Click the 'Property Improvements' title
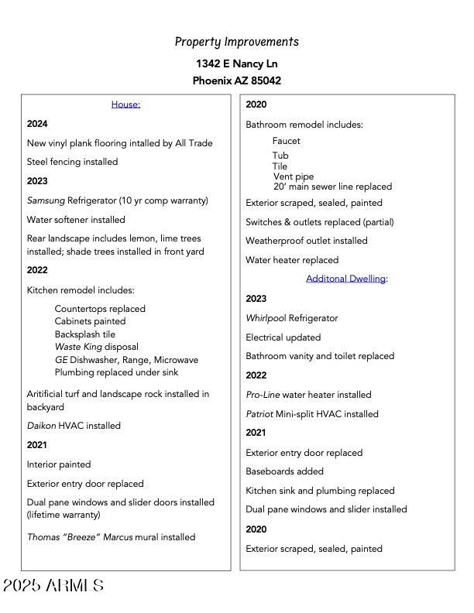[236, 42]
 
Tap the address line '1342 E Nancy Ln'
[236, 63]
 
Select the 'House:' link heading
[125, 104]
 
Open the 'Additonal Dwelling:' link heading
[346, 279]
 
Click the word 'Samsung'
[46, 200]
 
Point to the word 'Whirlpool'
[266, 318]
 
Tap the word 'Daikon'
[41, 426]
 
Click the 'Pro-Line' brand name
[263, 395]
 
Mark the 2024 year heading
[37, 124]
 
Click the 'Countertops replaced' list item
[100, 309]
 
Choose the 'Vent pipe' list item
[294, 176]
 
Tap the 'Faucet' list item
[286, 141]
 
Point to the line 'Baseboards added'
[284, 471]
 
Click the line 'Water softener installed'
[76, 220]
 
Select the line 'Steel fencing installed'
[72, 162]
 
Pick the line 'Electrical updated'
[283, 337]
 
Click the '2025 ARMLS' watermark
[53, 586]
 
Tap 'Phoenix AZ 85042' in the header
[236, 80]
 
